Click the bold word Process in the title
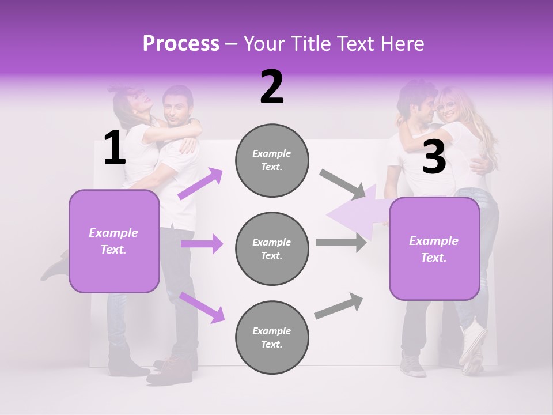point(181,43)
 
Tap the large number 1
point(115,148)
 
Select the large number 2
point(272,87)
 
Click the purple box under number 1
point(114,241)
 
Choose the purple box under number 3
point(434,249)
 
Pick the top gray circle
point(272,160)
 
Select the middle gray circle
point(272,248)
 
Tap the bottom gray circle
point(272,337)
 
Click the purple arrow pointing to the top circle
point(200,183)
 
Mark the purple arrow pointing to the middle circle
point(202,244)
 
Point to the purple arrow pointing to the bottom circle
point(202,307)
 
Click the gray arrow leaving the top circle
point(342,184)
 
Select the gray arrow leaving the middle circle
point(340,243)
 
